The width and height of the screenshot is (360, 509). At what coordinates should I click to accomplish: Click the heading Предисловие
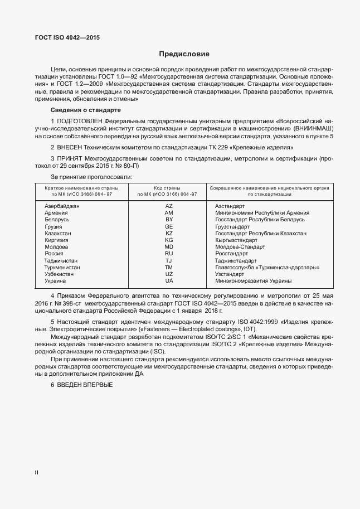point(184,54)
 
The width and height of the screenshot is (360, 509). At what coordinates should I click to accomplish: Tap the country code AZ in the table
point(169,206)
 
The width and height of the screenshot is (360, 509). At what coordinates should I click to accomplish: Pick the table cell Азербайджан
point(62,206)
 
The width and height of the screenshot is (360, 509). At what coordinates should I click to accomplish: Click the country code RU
point(169,253)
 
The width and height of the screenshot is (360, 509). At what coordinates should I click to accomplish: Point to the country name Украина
point(56,281)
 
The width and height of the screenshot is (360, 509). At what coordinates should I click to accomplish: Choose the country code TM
point(169,268)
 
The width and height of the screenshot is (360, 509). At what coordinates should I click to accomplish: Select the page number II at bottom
point(36,472)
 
